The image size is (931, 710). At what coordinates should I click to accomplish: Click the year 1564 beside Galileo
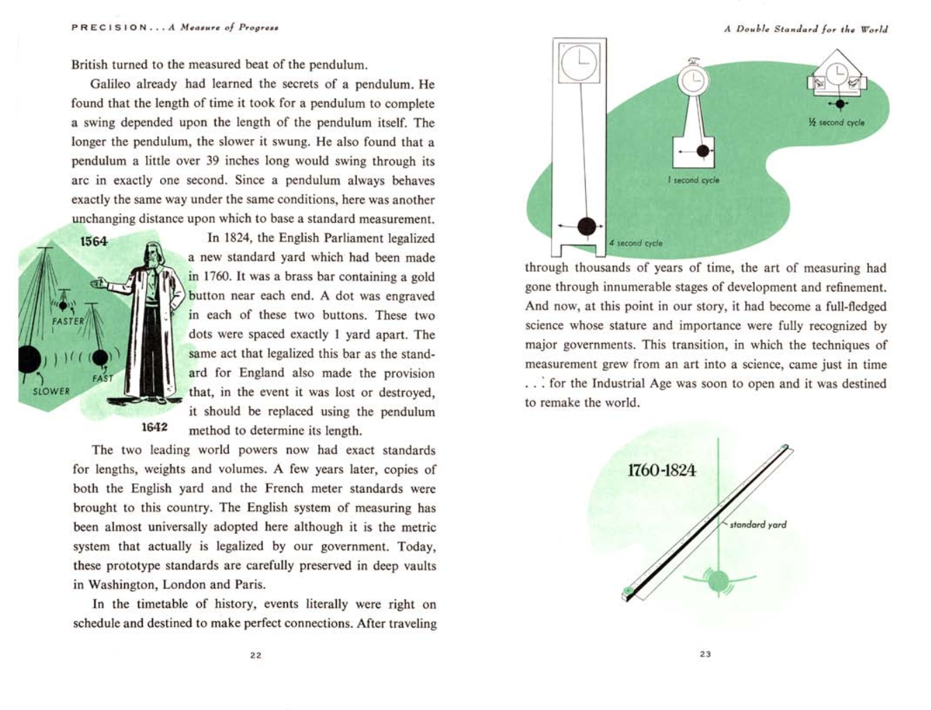tap(94, 242)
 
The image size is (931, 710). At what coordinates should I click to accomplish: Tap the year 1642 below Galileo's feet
tap(154, 426)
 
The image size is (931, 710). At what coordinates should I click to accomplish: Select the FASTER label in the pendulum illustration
tap(67, 321)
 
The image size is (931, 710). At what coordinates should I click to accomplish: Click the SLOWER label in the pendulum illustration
tap(51, 391)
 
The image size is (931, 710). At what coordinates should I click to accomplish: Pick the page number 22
tap(255, 655)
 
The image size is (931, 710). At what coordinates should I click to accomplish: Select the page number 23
tap(705, 654)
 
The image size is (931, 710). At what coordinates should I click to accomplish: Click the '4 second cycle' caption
tap(635, 243)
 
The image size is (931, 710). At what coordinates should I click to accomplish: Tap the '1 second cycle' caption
tap(693, 180)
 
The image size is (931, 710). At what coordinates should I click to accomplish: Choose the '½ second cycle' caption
tap(836, 123)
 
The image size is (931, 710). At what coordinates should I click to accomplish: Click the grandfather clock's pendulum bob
tap(587, 226)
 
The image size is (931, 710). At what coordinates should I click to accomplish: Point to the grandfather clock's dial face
tap(579, 63)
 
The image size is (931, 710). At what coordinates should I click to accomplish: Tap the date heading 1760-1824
tap(661, 470)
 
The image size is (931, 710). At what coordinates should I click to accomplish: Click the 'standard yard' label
tap(758, 524)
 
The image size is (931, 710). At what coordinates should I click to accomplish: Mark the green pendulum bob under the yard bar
tap(717, 580)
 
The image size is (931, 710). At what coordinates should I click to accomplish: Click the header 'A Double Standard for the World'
tap(805, 29)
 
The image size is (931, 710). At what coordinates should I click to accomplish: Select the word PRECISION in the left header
tap(109, 28)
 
